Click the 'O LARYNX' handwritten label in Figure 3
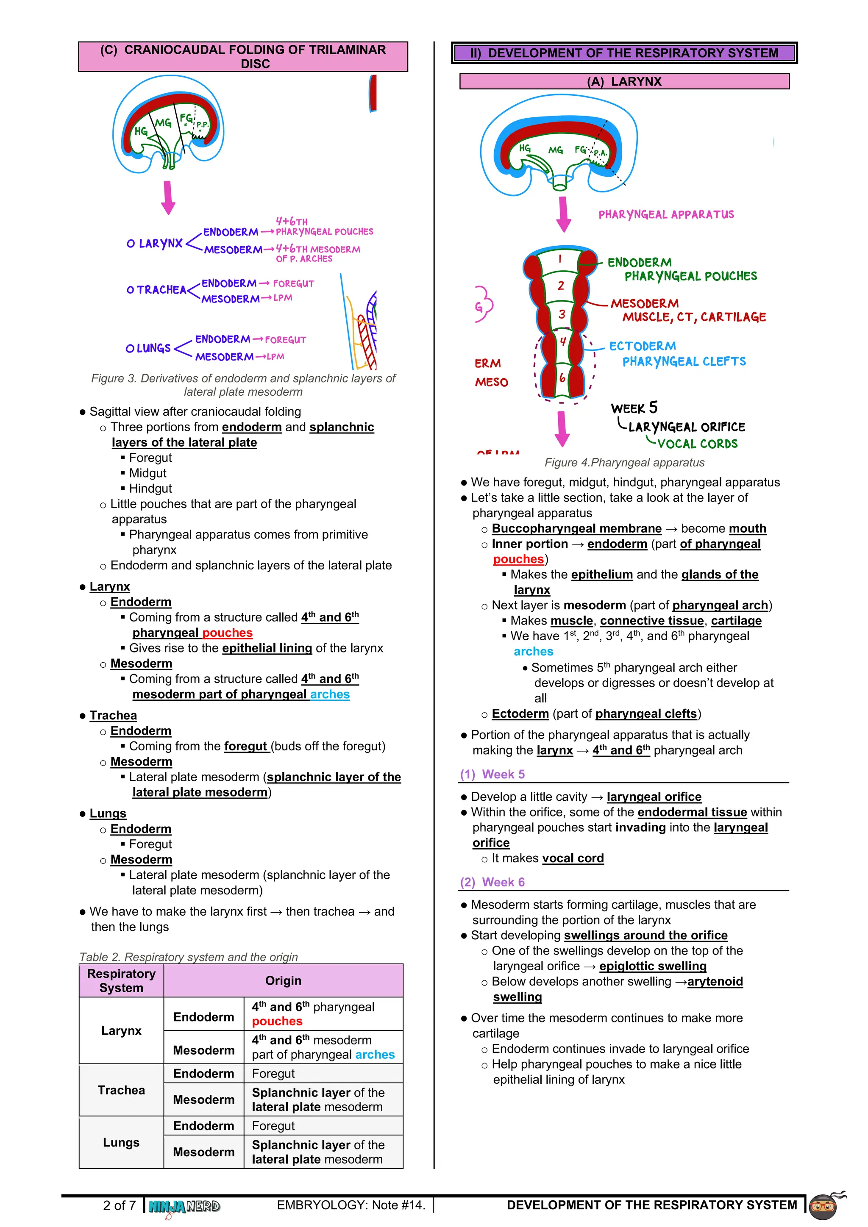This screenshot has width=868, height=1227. [x=154, y=244]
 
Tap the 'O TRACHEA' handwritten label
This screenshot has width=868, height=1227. [x=156, y=290]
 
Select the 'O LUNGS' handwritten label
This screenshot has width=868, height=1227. [x=148, y=348]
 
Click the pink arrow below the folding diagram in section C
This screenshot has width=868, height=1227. [x=168, y=197]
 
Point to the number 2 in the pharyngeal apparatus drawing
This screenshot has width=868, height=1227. [x=561, y=286]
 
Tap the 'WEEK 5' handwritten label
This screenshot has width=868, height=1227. [x=634, y=408]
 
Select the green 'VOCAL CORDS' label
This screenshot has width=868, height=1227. [x=697, y=444]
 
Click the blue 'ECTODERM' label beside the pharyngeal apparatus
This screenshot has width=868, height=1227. [x=643, y=346]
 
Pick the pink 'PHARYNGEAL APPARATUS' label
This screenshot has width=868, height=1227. [x=666, y=215]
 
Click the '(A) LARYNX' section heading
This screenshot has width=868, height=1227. [x=624, y=82]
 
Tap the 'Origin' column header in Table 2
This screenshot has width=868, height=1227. [x=283, y=981]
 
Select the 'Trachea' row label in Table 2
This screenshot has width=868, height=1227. [x=121, y=1090]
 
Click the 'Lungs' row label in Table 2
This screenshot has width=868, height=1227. [x=121, y=1143]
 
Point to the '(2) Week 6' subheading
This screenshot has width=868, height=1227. [x=492, y=882]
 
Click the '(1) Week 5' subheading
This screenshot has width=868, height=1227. [x=492, y=775]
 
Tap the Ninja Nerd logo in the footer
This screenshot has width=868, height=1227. [x=184, y=1206]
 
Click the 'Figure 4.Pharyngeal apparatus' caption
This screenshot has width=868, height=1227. [x=624, y=463]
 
